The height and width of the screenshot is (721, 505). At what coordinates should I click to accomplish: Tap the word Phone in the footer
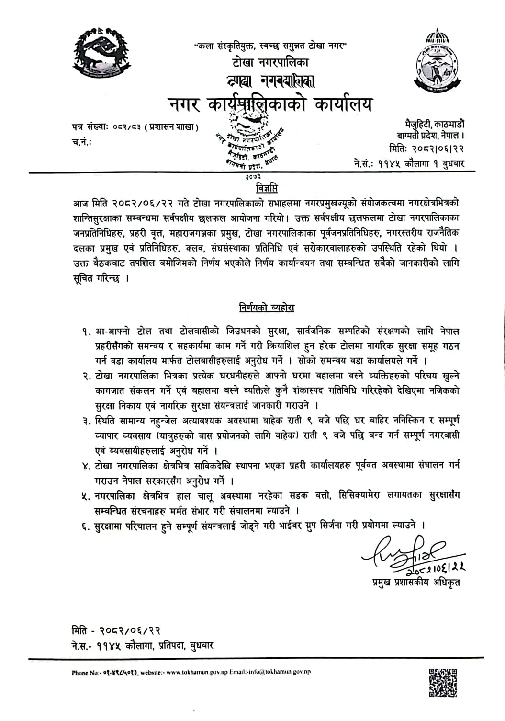80,672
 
